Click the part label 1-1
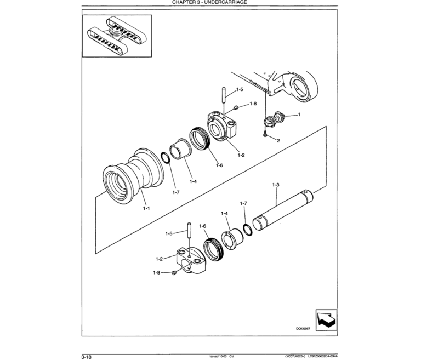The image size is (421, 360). pos(145,208)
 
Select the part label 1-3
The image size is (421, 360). pos(276,186)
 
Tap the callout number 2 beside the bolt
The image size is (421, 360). pos(278,141)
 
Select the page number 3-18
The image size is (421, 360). pos(87,356)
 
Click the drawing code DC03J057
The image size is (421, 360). pos(303,329)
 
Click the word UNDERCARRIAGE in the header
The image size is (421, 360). pos(227,3)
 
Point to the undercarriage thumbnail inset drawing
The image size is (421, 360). pos(117,36)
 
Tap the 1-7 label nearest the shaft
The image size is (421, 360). pos(243,203)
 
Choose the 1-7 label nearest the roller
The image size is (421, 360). pos(175,192)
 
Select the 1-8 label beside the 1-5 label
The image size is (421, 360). pos(253,104)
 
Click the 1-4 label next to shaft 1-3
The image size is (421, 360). pos(224,213)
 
